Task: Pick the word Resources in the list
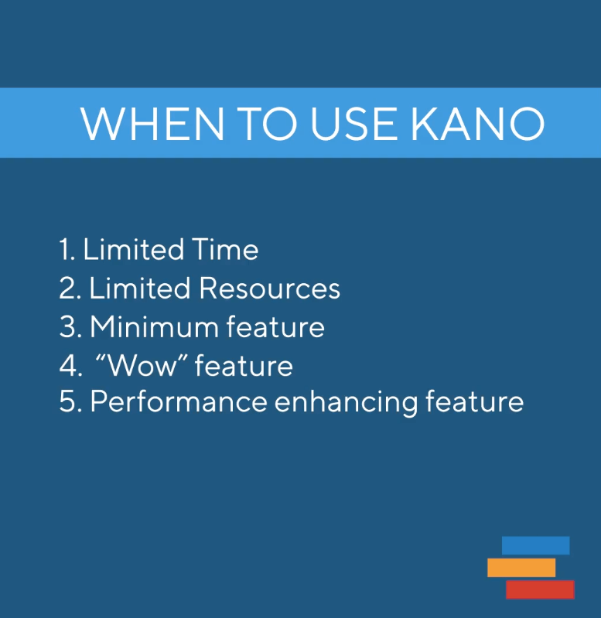pos(269,289)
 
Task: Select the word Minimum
pos(154,326)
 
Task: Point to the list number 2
pos(67,289)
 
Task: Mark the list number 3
pos(67,326)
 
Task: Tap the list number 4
pos(67,365)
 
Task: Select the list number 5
pos(67,403)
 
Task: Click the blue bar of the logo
pos(535,545)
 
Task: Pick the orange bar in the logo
pos(521,568)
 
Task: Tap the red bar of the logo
pos(540,589)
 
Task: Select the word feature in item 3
pos(275,326)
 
